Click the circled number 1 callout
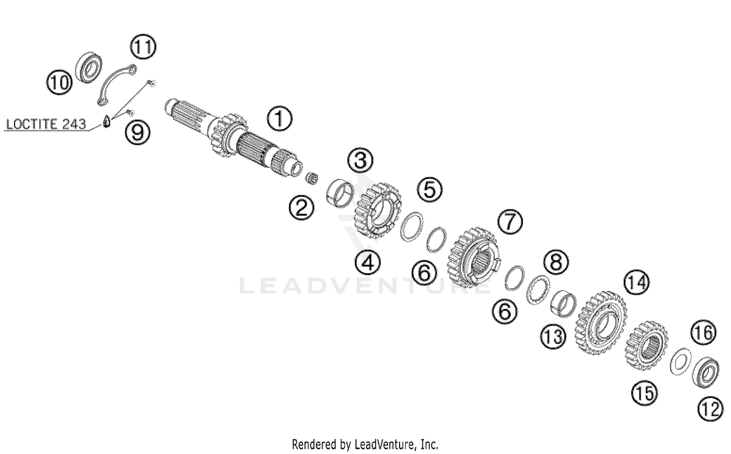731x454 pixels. [x=280, y=119]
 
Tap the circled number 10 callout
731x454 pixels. [x=59, y=82]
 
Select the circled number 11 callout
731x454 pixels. [x=143, y=47]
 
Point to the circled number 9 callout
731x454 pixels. [x=138, y=131]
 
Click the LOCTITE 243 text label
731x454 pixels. [x=46, y=124]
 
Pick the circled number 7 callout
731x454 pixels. [x=510, y=222]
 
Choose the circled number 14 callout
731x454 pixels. [x=637, y=282]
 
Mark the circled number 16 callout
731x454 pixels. [x=703, y=333]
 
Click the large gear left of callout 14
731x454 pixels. [x=601, y=323]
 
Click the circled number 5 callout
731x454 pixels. [x=430, y=189]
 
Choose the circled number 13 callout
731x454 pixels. [x=553, y=336]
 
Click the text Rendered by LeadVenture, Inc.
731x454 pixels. [x=365, y=444]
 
